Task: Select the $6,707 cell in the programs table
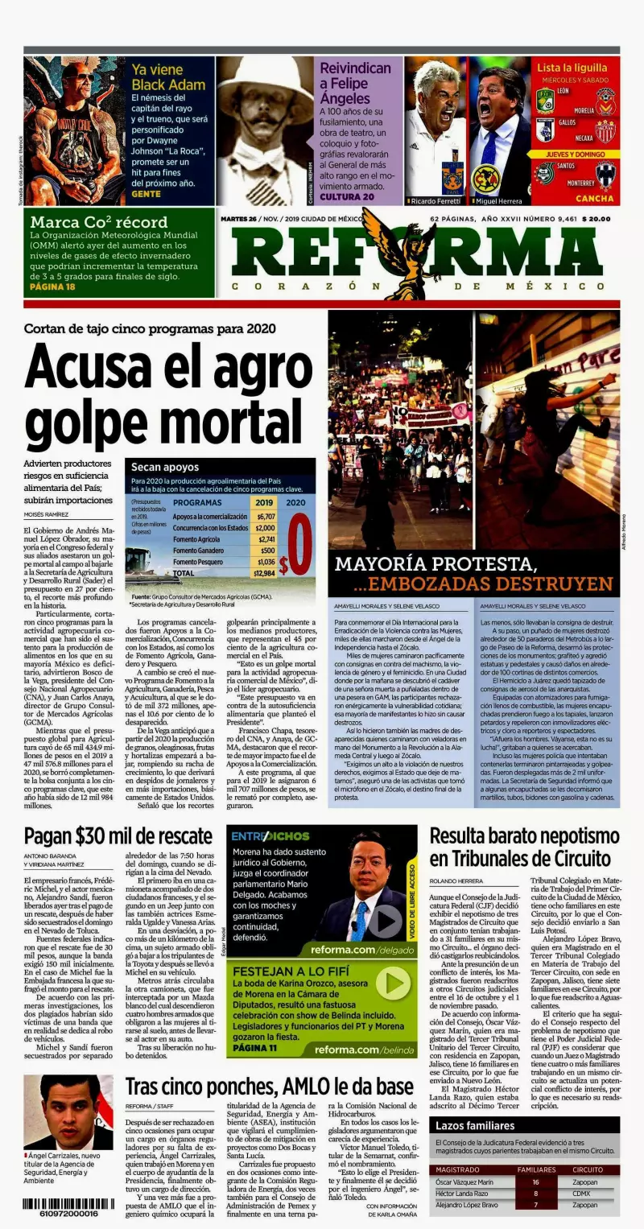(x=265, y=517)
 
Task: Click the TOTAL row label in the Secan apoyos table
(x=184, y=573)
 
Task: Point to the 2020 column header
(x=295, y=501)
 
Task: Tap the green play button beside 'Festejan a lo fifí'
(x=392, y=984)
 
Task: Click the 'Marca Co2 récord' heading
(x=99, y=222)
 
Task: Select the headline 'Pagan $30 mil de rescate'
(x=118, y=836)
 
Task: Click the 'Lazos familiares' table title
(x=476, y=1125)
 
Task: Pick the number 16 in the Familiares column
(x=535, y=1182)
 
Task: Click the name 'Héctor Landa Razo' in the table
(x=462, y=1193)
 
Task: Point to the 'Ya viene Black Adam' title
(x=159, y=77)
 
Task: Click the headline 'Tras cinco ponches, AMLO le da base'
(x=269, y=1087)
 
